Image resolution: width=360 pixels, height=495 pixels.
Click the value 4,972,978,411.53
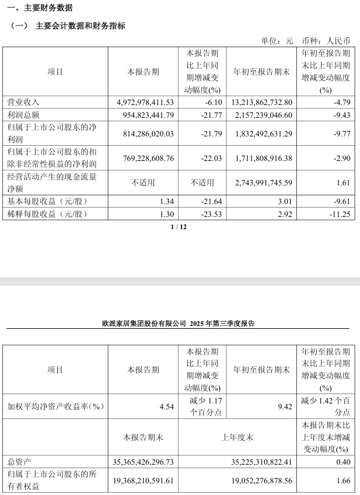[x=142, y=102]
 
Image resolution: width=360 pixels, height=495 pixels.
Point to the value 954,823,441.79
[x=142, y=114]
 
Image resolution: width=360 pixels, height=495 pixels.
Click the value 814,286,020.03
[x=142, y=134]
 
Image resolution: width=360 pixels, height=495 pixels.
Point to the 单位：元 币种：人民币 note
[x=305, y=41]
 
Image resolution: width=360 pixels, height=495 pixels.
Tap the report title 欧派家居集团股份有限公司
[x=144, y=323]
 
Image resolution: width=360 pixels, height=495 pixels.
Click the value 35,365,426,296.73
[x=142, y=462]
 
